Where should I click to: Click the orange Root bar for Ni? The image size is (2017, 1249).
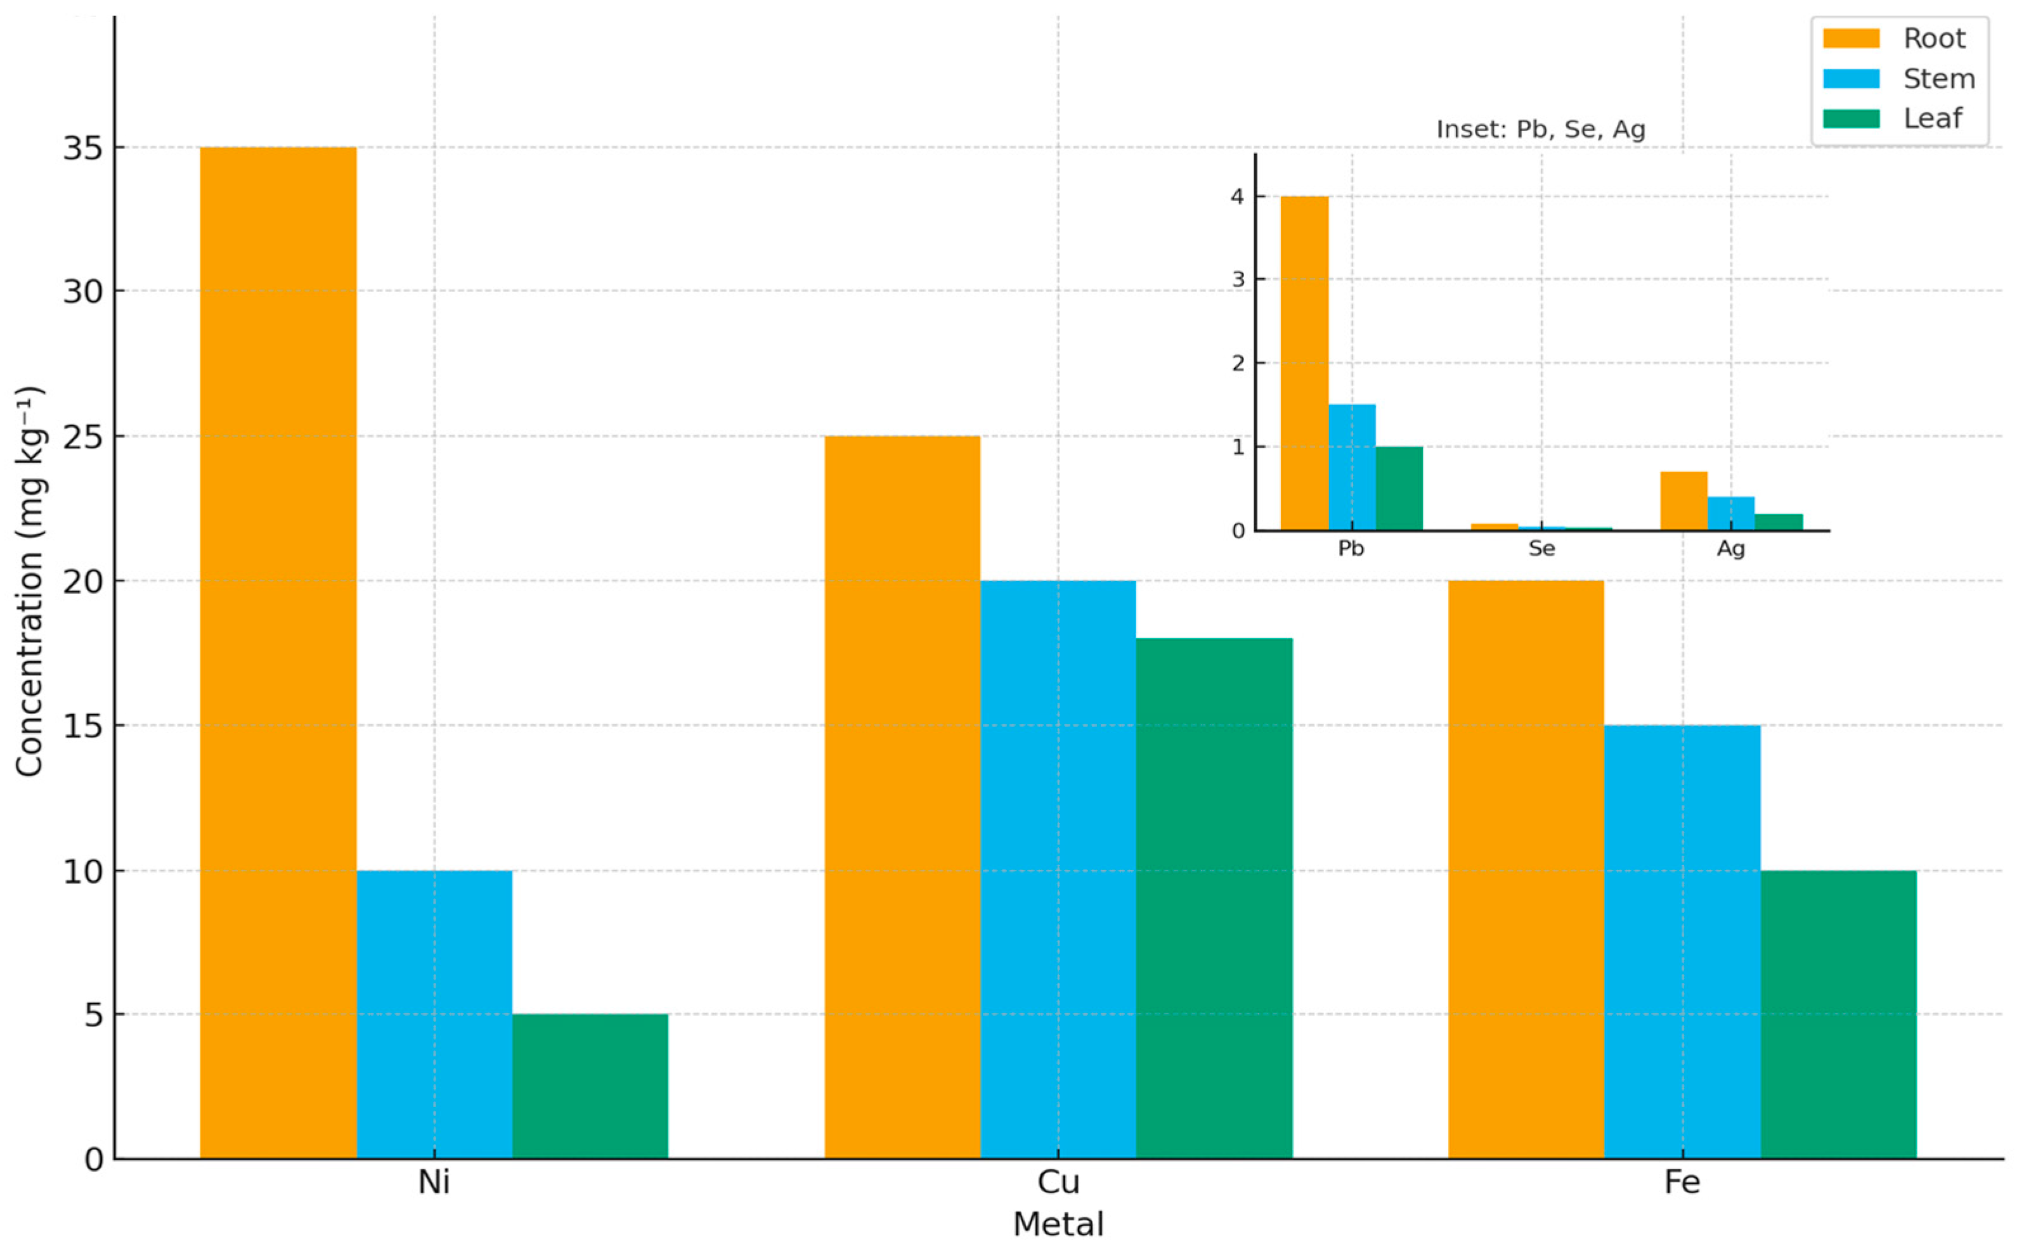pos(278,653)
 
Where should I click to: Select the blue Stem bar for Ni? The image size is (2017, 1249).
pos(434,1015)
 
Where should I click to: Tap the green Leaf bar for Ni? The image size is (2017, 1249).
pos(590,1086)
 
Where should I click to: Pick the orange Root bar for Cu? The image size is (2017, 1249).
pos(902,797)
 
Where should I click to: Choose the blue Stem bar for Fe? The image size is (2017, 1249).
pos(1682,942)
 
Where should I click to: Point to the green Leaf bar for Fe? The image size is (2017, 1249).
pos(1839,1015)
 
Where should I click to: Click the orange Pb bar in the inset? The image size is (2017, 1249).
pos(1305,364)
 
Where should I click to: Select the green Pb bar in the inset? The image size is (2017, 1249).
pos(1399,488)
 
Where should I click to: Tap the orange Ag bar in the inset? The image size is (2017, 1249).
pos(1684,501)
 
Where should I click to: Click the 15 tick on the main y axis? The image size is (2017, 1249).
pos(84,726)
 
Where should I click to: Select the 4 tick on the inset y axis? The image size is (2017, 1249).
pos(1238,196)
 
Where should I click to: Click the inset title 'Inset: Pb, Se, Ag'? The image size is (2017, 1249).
pos(1541,130)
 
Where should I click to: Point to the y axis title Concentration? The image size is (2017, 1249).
pos(30,582)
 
